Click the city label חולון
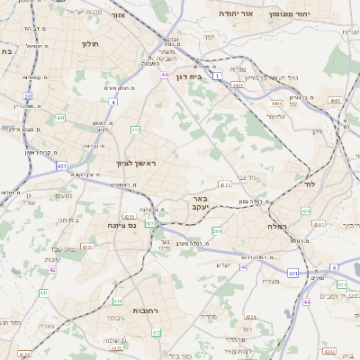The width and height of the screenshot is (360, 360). click(x=89, y=43)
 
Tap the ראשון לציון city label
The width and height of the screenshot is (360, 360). click(x=136, y=163)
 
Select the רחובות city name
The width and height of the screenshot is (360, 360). click(x=146, y=310)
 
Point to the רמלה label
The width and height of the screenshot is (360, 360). click(x=275, y=228)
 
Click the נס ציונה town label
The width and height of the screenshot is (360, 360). click(x=120, y=225)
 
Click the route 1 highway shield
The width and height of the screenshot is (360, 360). click(x=217, y=76)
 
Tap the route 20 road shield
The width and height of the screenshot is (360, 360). click(x=28, y=95)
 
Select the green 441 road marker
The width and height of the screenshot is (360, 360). click(x=59, y=118)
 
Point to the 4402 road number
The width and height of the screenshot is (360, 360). click(x=238, y=85)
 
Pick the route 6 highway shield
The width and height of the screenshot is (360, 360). click(x=332, y=267)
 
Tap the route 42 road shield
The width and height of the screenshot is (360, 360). click(x=53, y=269)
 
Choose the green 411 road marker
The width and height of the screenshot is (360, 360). click(x=43, y=293)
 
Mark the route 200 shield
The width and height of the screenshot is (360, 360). click(x=217, y=231)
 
